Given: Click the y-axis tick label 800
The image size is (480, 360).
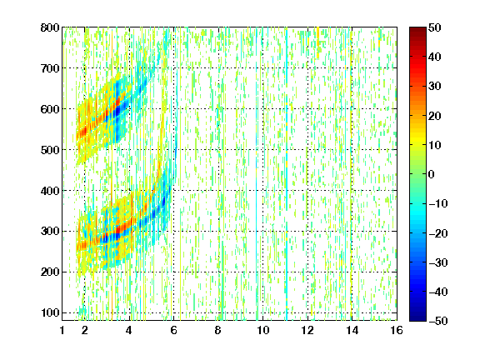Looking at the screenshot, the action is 50,27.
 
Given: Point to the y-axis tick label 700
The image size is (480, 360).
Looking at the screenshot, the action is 50,68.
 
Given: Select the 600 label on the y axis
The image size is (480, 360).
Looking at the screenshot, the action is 50,109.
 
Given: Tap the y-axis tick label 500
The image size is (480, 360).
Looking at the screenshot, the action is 50,150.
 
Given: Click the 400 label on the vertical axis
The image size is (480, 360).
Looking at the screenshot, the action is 50,191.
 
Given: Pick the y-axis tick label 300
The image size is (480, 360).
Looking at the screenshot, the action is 50,231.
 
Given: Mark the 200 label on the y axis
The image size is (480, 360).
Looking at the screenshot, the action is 50,272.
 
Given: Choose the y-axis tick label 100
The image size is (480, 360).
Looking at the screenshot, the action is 50,312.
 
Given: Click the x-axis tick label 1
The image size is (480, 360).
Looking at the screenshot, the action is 62,330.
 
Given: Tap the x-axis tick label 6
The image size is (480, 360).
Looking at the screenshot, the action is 173,330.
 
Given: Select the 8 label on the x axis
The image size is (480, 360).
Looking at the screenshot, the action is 218,330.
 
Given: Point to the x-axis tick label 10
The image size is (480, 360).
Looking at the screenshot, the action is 263,330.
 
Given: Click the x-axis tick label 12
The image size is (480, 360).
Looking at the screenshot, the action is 307,330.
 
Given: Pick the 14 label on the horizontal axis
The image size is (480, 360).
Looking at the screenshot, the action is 352,330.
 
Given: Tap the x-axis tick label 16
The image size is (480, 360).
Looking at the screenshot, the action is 397,330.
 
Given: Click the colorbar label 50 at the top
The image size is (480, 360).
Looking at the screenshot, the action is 435,27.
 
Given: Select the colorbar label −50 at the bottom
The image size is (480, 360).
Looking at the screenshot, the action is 438,321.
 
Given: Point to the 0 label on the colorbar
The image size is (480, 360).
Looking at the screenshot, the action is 432,174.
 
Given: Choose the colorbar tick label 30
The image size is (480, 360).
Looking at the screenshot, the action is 435,87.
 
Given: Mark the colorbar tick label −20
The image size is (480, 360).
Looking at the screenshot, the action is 438,233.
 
